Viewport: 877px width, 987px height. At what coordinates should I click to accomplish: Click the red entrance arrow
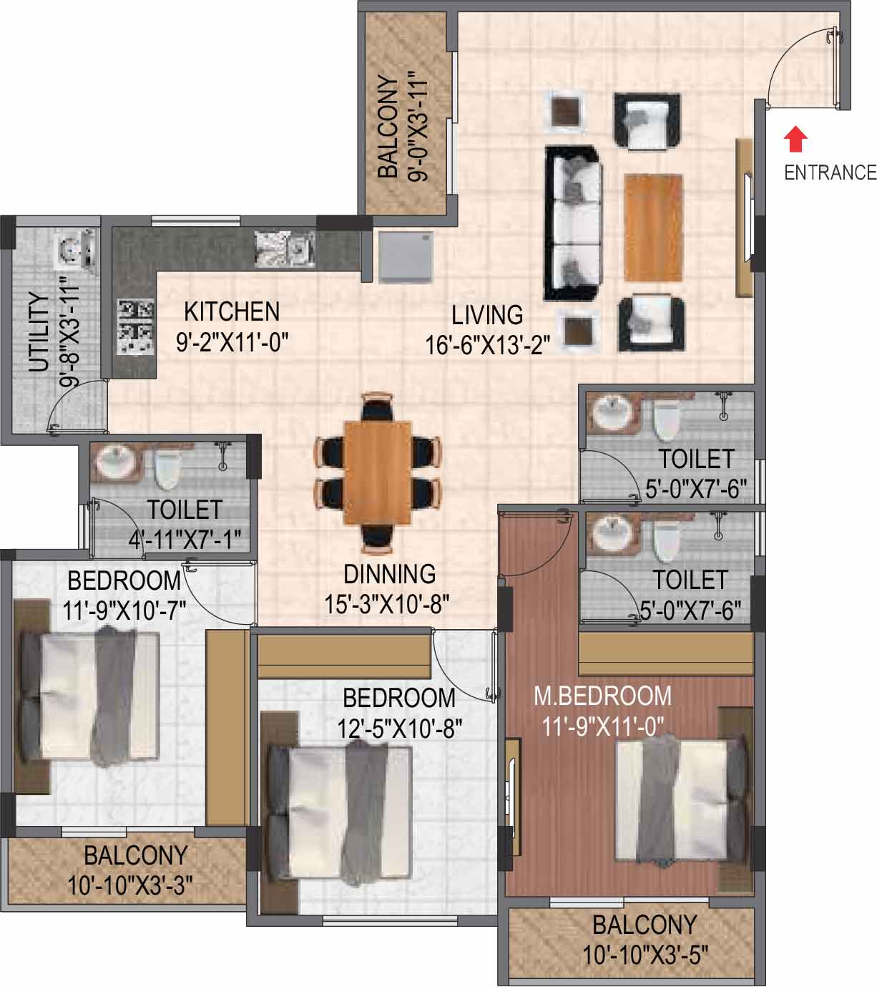click(795, 140)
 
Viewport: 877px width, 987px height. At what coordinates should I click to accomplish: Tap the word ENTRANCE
click(831, 173)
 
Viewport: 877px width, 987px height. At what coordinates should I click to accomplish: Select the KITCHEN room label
click(232, 312)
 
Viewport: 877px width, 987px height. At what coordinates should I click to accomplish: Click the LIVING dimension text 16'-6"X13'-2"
click(487, 346)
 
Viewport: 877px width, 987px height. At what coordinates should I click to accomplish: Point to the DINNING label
click(390, 574)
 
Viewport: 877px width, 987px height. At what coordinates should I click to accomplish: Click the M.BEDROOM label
click(603, 696)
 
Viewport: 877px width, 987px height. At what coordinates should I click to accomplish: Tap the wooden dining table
click(378, 472)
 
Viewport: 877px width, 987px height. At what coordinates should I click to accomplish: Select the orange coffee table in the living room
click(653, 228)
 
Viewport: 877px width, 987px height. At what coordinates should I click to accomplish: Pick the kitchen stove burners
click(136, 327)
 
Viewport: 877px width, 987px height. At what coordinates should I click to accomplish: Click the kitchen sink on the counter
click(285, 249)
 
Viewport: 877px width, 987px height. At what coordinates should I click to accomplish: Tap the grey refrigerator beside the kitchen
click(406, 257)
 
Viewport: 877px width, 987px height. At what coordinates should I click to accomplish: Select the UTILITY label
click(39, 332)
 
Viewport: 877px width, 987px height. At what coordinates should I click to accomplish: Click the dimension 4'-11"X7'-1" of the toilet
click(185, 541)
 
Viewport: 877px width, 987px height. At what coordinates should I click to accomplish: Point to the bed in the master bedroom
click(681, 802)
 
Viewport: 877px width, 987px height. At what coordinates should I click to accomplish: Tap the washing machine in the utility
click(77, 249)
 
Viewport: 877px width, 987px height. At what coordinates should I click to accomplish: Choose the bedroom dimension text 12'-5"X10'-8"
click(399, 729)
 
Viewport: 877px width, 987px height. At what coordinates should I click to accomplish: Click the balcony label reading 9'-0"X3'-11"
click(418, 127)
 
